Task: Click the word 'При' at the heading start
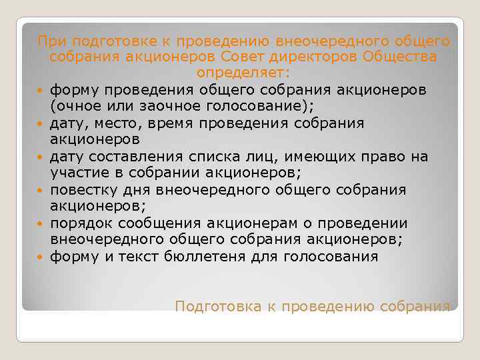coord(49,41)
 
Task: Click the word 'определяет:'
coord(243,73)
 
